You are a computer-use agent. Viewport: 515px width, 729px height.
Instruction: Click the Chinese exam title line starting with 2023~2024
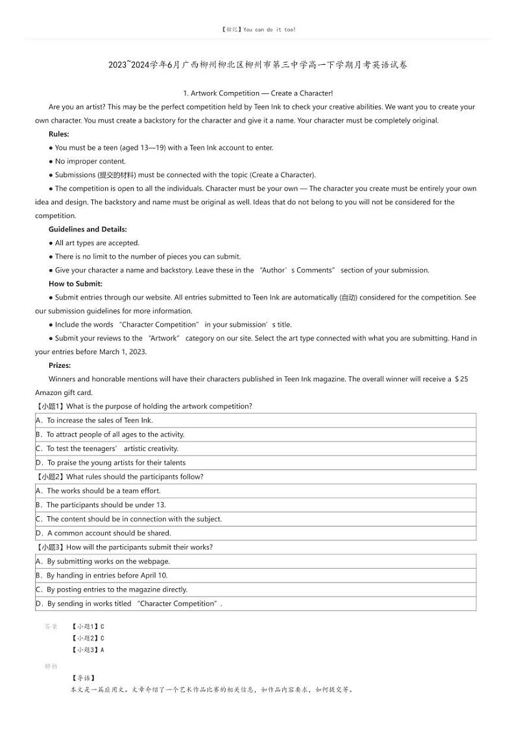[x=258, y=65]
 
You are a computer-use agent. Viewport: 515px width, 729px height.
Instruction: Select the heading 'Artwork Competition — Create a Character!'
[x=258, y=93]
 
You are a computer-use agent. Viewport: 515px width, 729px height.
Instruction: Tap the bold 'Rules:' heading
[x=59, y=134]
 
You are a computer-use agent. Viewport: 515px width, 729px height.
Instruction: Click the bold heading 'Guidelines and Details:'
[x=88, y=230]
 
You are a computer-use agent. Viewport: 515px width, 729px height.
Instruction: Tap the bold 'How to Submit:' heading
[x=75, y=284]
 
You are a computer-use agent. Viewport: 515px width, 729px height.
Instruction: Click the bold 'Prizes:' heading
[x=60, y=366]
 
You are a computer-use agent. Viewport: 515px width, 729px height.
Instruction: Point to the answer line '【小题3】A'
[x=88, y=650]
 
